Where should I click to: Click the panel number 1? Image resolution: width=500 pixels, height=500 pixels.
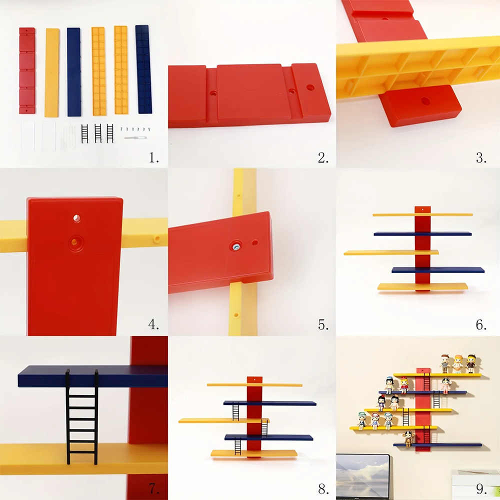(153, 157)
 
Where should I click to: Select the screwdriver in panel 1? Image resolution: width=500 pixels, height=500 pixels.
(135, 138)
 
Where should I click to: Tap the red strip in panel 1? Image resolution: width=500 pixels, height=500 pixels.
(27, 70)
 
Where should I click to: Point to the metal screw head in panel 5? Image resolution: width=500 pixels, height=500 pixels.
(235, 246)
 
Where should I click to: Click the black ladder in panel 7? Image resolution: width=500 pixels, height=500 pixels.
(82, 417)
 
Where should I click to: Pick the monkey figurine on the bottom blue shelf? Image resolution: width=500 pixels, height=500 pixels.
(408, 438)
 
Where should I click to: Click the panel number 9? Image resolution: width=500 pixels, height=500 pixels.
(481, 488)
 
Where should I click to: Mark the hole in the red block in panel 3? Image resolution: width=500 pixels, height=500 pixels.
(425, 101)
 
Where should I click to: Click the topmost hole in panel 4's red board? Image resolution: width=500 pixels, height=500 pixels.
(76, 218)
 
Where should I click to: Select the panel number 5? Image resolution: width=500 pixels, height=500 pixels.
(323, 325)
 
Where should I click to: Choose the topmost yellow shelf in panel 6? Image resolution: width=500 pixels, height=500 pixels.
(422, 214)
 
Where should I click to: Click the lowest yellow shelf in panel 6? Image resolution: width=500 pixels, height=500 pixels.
(422, 286)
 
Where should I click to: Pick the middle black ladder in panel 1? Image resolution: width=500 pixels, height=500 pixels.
(98, 133)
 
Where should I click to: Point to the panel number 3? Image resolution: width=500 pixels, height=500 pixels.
(481, 157)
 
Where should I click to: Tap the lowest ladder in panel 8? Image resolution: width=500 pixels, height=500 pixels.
(238, 446)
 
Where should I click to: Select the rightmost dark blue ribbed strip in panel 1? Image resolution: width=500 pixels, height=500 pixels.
(143, 69)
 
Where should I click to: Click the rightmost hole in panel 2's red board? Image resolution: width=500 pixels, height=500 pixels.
(310, 87)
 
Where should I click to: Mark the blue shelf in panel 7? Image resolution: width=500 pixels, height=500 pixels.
(92, 376)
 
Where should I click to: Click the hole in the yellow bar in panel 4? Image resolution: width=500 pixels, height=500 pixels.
(156, 238)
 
